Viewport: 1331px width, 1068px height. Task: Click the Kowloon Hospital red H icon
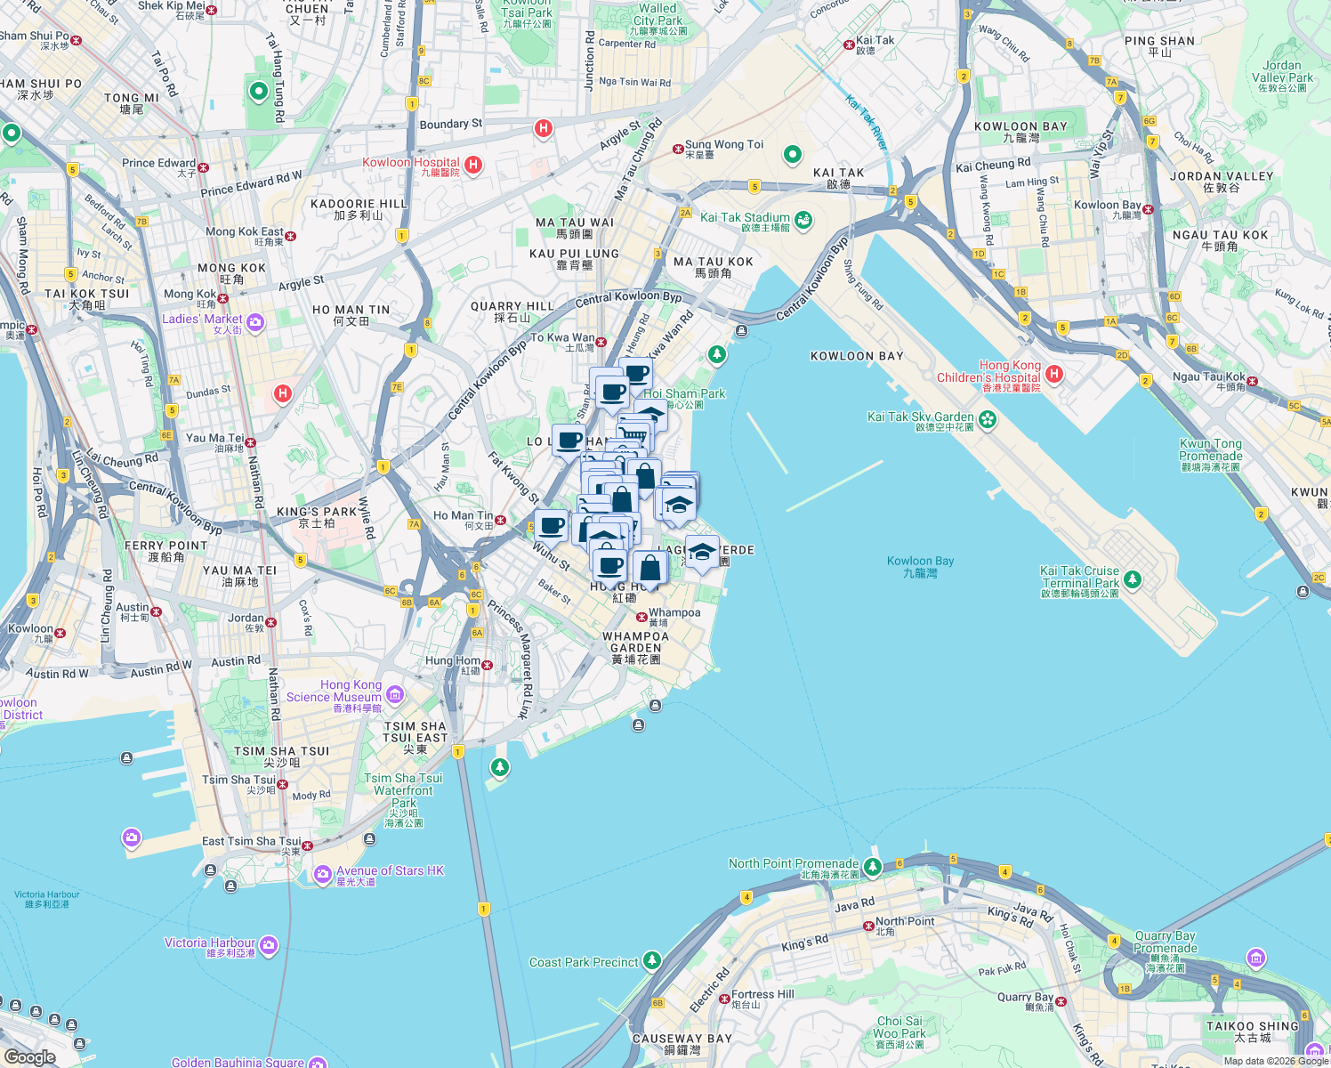pyautogui.click(x=473, y=165)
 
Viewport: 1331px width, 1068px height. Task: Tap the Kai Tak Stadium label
pyautogui.click(x=745, y=218)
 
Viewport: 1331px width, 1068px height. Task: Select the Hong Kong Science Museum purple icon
pyautogui.click(x=395, y=693)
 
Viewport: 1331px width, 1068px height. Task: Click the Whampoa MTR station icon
pyautogui.click(x=641, y=617)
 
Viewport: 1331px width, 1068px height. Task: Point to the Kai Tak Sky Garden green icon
pyautogui.click(x=987, y=418)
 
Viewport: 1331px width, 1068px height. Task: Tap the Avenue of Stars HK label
pyautogui.click(x=390, y=871)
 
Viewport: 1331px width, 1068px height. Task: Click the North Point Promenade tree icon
pyautogui.click(x=873, y=866)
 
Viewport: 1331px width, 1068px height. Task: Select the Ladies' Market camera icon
pyautogui.click(x=255, y=322)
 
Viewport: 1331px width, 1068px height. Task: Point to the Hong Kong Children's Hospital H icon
pyautogui.click(x=1054, y=373)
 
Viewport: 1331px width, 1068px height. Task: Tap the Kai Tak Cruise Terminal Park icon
pyautogui.click(x=1132, y=579)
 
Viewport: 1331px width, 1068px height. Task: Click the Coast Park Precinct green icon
pyautogui.click(x=652, y=960)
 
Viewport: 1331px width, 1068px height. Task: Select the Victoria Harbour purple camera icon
pyautogui.click(x=269, y=944)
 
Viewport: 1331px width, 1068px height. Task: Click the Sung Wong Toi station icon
pyautogui.click(x=678, y=149)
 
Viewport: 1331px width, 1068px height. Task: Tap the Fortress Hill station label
pyautogui.click(x=762, y=995)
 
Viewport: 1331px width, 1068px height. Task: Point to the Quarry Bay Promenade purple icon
pyautogui.click(x=1256, y=958)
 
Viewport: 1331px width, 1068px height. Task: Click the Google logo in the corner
pyautogui.click(x=30, y=1056)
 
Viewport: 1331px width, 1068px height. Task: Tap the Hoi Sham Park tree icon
pyautogui.click(x=717, y=356)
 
